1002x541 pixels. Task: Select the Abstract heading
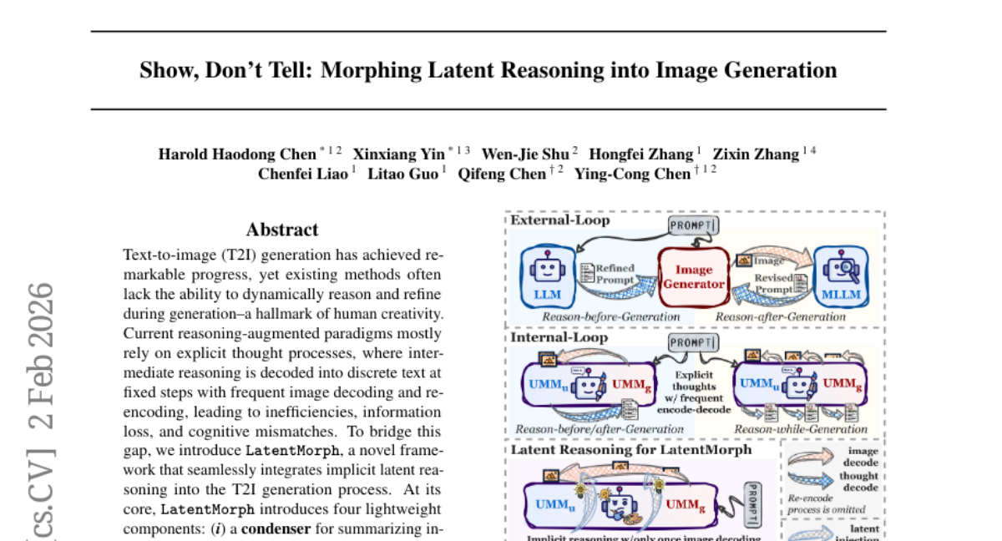point(282,230)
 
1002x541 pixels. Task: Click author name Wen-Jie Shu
point(525,154)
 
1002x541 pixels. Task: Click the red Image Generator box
point(694,276)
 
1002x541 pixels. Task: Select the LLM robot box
point(547,277)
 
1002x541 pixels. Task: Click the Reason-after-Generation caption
point(781,316)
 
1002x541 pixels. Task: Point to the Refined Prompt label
point(615,274)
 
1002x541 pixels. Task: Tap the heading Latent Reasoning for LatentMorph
point(631,449)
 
